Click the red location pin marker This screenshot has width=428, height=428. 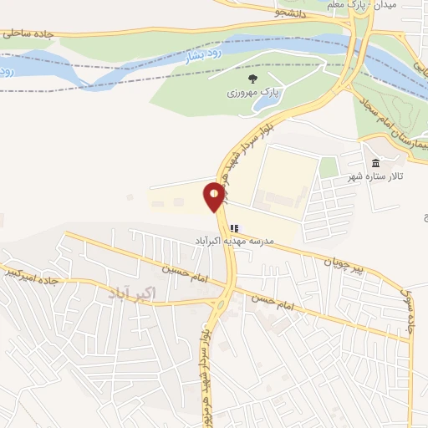coord(215,197)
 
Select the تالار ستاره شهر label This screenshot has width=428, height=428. coord(375,178)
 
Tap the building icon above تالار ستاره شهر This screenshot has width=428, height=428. coord(375,163)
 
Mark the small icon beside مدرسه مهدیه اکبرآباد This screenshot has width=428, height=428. coord(233,227)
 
